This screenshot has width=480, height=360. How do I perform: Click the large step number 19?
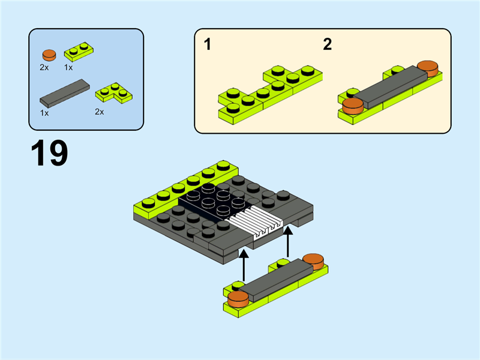49,154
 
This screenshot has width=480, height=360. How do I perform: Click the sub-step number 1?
207,44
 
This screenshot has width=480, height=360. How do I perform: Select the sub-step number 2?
327,44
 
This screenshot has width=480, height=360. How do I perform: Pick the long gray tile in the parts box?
64,93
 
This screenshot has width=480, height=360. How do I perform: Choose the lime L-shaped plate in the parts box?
113,92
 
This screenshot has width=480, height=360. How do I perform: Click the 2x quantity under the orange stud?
44,68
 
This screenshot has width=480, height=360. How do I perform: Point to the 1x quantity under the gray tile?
44,113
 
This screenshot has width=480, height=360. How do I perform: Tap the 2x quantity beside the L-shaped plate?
100,112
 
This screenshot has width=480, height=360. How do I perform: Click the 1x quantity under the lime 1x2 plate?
68,68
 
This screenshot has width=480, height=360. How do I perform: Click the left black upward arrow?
244,263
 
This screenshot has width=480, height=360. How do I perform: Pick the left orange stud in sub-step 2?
352,105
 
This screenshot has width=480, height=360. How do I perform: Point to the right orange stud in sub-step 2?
427,68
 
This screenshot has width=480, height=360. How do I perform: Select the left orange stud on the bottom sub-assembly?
238,298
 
